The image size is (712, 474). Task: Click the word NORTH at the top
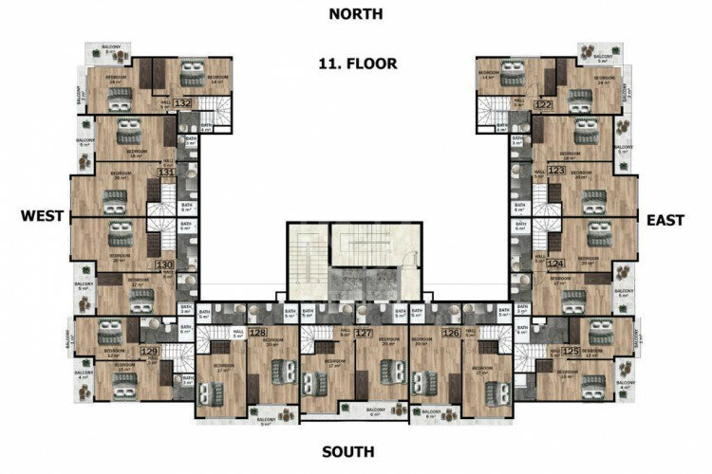click(356, 13)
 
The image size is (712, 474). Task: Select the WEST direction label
click(41, 217)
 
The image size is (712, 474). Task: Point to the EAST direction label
click(665, 219)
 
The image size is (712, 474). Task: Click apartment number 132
click(183, 102)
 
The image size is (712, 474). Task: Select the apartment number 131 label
click(166, 173)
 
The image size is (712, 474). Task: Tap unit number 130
click(164, 265)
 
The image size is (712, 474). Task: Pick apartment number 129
click(149, 352)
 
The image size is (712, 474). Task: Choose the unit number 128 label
click(257, 333)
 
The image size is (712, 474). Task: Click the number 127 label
click(363, 333)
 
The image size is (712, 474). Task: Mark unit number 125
click(570, 352)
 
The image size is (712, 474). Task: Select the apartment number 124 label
click(555, 264)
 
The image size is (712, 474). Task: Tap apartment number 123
click(556, 171)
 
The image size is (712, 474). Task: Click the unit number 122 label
click(543, 104)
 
